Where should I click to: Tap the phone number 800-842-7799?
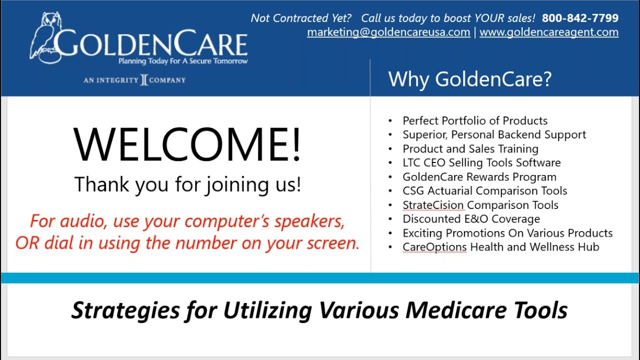(x=580, y=18)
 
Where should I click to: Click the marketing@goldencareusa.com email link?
(x=388, y=32)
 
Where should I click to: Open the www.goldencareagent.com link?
(x=548, y=32)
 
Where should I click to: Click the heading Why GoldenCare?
(x=469, y=79)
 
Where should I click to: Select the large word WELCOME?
(x=187, y=145)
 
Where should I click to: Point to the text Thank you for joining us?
(x=187, y=184)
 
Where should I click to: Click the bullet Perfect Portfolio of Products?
(x=475, y=121)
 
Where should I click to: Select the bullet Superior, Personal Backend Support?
(x=494, y=135)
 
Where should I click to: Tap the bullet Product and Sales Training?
(x=470, y=149)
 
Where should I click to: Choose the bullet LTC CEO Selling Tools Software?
(x=481, y=163)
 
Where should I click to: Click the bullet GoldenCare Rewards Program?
(x=479, y=177)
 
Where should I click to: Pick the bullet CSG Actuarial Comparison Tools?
(x=484, y=191)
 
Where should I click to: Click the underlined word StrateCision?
(x=433, y=205)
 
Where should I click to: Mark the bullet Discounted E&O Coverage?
(x=471, y=219)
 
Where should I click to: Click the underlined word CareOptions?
(x=434, y=247)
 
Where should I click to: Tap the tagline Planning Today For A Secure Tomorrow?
(x=182, y=61)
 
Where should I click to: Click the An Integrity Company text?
(x=134, y=80)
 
